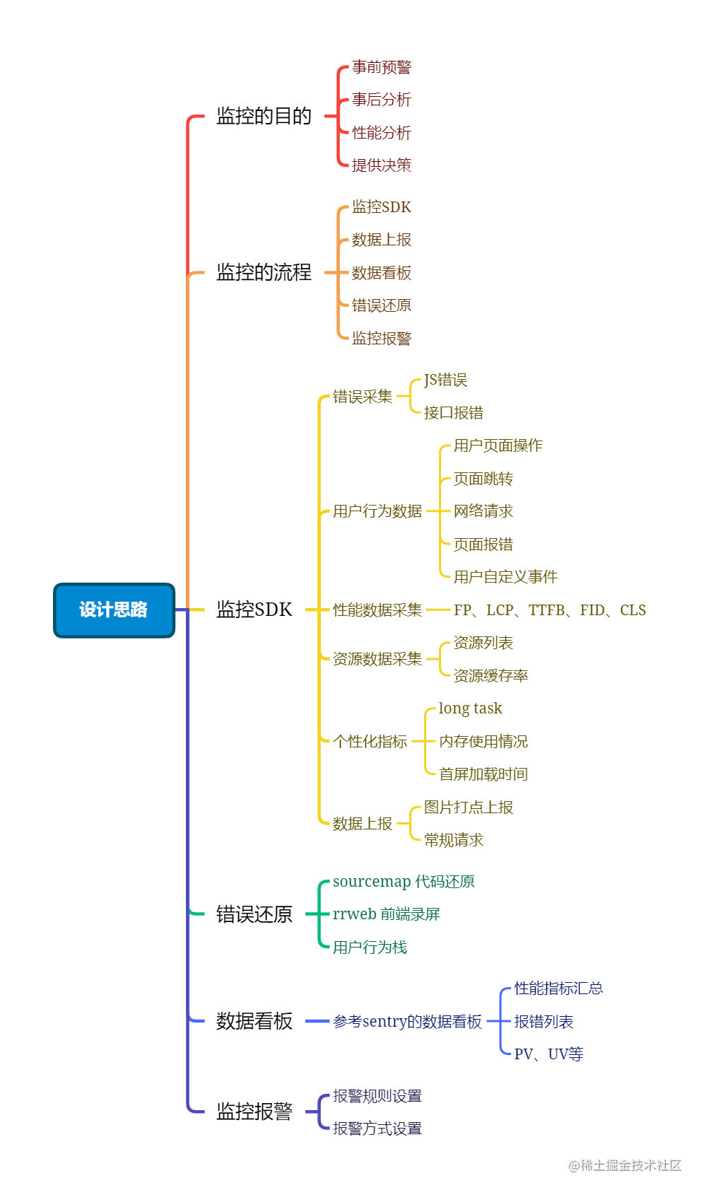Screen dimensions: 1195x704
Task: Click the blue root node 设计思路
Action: [x=114, y=610]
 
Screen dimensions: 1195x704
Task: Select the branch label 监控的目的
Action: [x=264, y=116]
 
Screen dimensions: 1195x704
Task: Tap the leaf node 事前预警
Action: [x=382, y=67]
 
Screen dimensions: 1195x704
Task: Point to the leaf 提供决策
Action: [x=382, y=165]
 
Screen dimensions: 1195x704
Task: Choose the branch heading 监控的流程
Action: [x=264, y=272]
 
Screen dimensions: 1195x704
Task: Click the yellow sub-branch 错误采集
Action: [x=363, y=397]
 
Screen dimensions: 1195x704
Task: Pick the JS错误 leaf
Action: [x=445, y=380]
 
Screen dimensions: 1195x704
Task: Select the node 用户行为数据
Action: [x=377, y=511]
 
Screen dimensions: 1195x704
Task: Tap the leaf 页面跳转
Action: [x=483, y=479]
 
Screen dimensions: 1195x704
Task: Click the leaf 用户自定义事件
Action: [x=505, y=577]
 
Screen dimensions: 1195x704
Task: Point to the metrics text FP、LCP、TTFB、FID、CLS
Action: [x=550, y=610]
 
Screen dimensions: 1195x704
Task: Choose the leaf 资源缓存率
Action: [x=491, y=676]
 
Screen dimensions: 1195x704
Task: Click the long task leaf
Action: [x=470, y=709]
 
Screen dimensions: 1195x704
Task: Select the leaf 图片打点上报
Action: [x=469, y=808]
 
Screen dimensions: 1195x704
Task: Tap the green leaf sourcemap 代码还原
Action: [x=404, y=882]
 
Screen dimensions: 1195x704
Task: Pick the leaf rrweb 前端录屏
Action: [x=387, y=914]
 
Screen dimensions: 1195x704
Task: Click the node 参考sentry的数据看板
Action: [x=407, y=1022]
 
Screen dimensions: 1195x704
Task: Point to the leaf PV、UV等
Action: [x=548, y=1054]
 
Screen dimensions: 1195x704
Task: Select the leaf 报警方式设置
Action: [x=377, y=1129]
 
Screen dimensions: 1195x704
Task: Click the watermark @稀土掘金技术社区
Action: [x=625, y=1165]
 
